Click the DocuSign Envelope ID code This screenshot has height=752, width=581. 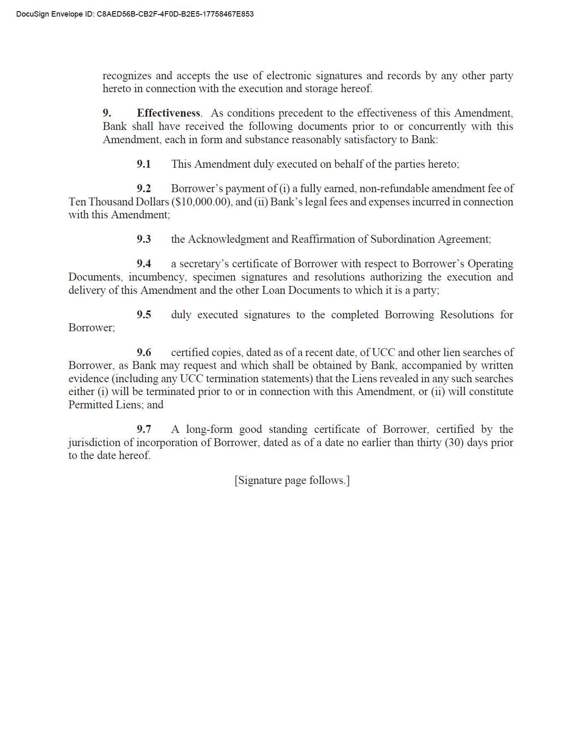pos(175,14)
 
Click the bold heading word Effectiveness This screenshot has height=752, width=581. pos(168,113)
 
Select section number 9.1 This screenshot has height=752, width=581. pos(144,164)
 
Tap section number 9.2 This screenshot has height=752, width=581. pos(144,188)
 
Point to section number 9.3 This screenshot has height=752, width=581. pos(144,239)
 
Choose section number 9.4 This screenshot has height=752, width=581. pos(144,264)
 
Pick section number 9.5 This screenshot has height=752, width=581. pos(144,315)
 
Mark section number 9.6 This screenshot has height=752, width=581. pos(144,352)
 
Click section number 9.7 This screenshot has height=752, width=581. pos(144,429)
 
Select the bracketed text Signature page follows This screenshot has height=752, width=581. pos(292,480)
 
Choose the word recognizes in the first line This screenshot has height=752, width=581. pos(127,76)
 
